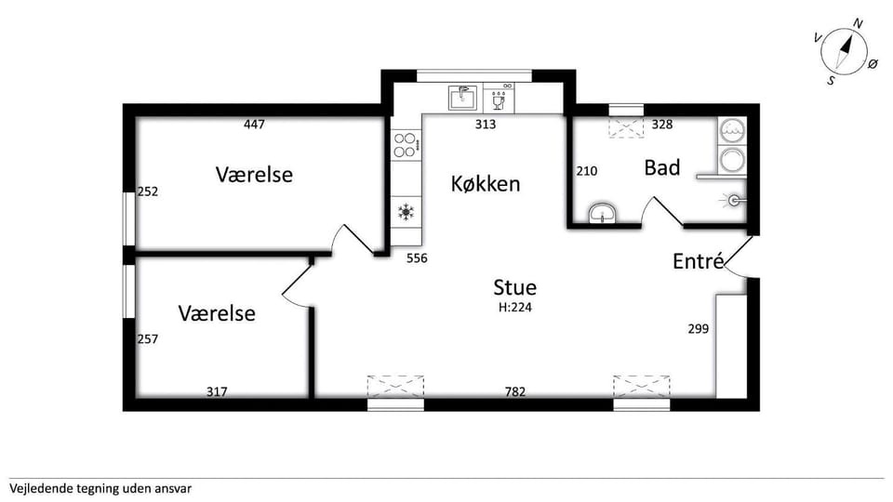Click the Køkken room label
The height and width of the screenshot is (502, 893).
click(486, 184)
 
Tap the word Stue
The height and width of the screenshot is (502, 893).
click(514, 287)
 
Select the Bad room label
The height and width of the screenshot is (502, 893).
click(662, 168)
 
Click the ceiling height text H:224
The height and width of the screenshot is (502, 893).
click(514, 308)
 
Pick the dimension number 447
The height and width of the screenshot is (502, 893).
click(254, 124)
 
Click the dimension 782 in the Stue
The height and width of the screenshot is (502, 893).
click(514, 391)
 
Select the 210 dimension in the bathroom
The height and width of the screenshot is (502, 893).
click(587, 171)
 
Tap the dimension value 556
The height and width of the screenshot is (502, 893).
click(417, 258)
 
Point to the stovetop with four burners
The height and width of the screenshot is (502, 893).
click(406, 145)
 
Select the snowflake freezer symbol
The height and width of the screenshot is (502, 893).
click(406, 212)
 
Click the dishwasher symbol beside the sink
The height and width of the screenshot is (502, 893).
click(499, 98)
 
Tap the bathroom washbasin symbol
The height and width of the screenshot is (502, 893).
click(602, 215)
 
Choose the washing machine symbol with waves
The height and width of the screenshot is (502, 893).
click(731, 131)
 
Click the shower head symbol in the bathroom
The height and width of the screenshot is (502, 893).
click(735, 200)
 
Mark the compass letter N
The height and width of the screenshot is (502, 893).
click(859, 23)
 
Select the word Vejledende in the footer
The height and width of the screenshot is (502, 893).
click(35, 488)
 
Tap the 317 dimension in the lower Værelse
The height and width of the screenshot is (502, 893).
click(217, 391)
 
